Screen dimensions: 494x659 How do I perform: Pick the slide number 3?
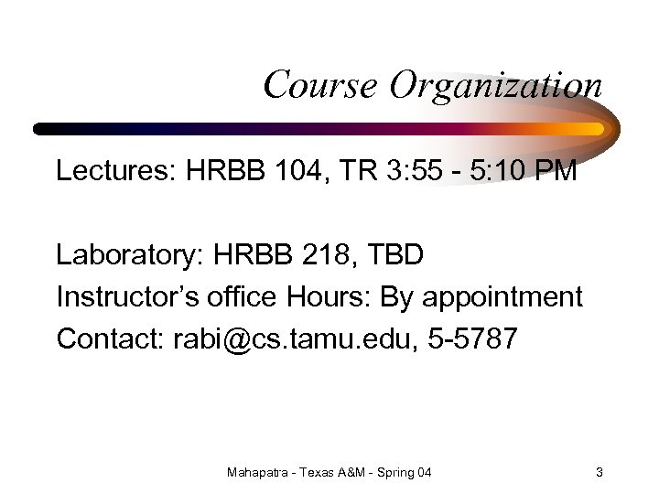tap(599, 472)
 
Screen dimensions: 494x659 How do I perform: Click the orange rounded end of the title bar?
tap(599, 129)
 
